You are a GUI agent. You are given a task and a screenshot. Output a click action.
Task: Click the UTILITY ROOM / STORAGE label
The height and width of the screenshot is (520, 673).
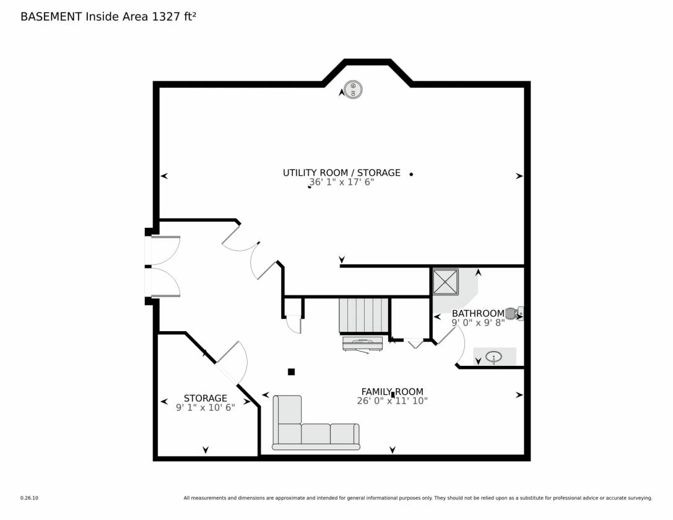341,173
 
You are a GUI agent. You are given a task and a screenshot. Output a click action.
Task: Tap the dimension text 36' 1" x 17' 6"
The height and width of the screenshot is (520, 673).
341,182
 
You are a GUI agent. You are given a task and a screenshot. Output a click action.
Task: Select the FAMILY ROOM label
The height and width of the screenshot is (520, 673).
393,391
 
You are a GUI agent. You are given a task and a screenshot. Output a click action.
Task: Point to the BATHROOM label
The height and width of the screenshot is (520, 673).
478,313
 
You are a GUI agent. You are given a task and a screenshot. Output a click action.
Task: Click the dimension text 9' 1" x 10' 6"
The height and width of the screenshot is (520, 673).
205,407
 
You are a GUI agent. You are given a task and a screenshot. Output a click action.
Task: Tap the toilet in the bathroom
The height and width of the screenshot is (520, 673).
515,313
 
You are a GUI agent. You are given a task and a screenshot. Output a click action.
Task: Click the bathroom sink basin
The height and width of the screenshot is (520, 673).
493,357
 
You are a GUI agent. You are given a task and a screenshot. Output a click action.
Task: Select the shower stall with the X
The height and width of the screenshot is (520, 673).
445,282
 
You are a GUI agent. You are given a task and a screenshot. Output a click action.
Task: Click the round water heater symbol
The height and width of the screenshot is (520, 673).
353,90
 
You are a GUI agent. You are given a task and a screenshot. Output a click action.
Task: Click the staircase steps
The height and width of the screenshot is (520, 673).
363,315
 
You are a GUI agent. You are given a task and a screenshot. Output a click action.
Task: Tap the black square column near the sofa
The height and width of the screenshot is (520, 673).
291,371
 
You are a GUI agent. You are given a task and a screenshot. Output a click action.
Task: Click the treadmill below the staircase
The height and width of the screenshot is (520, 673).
363,344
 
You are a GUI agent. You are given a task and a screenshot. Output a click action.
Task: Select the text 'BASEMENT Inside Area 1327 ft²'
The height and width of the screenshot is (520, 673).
108,16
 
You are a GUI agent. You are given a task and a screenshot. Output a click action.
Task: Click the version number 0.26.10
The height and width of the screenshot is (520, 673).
29,498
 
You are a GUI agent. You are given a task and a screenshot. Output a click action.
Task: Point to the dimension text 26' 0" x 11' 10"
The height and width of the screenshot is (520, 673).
393,401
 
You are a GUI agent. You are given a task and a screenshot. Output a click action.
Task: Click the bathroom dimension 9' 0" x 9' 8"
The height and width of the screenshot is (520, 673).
478,322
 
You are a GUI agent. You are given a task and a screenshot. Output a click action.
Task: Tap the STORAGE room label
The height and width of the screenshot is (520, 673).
205,398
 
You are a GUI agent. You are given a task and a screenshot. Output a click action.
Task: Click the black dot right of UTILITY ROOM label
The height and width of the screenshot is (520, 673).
411,174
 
